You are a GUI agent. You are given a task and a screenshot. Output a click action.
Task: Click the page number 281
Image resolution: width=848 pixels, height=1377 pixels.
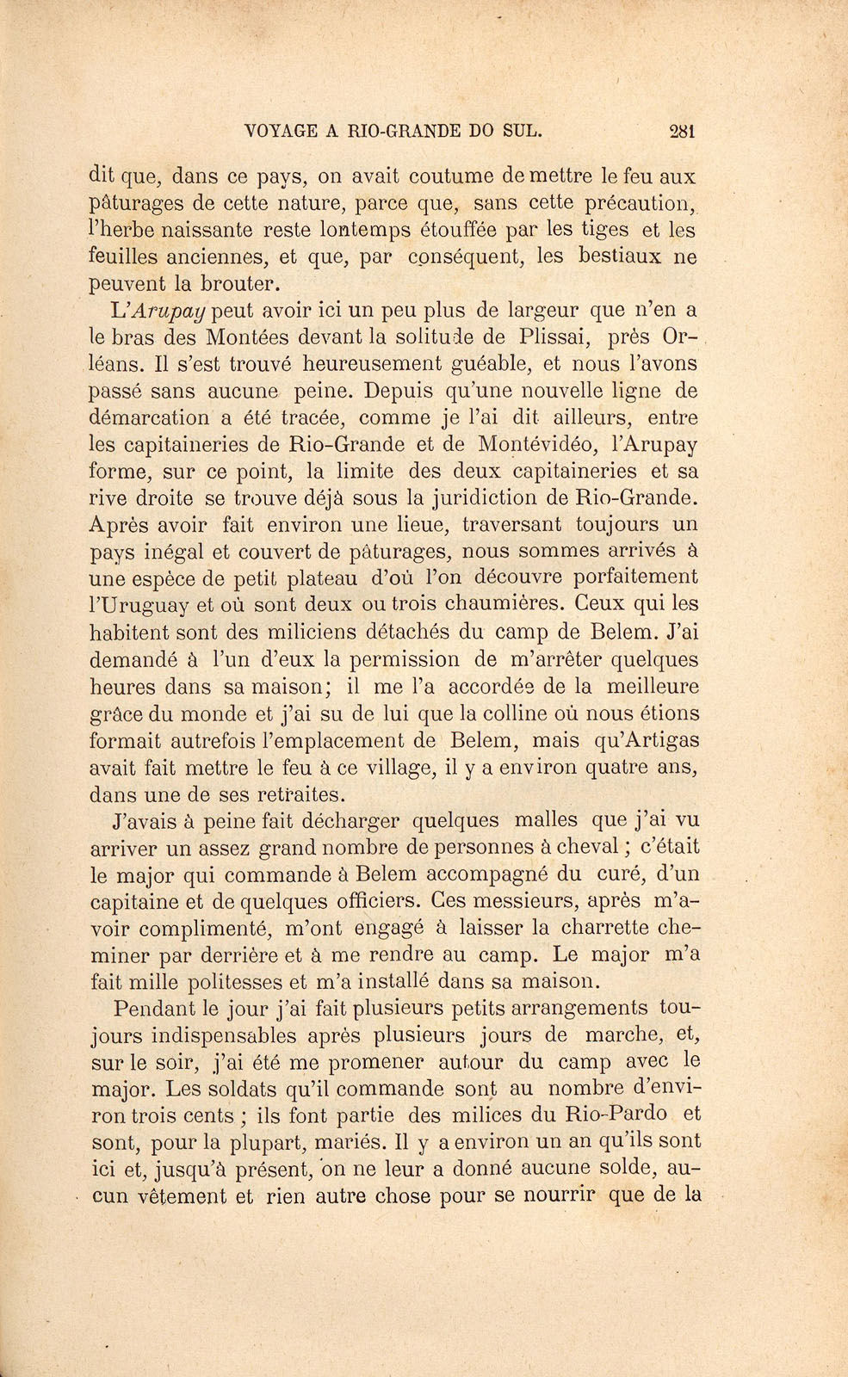pos(681,132)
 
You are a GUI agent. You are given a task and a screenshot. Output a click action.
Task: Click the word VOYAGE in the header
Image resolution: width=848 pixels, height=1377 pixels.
pos(280,132)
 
